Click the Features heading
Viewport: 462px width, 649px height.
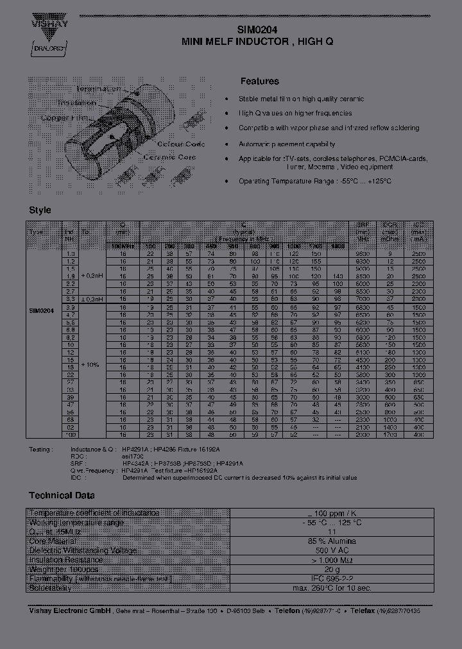[259, 81]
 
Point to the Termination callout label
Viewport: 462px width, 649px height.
[98, 89]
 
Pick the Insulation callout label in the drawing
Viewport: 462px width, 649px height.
[76, 103]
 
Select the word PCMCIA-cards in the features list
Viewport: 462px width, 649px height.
[402, 158]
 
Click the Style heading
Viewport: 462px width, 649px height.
[40, 210]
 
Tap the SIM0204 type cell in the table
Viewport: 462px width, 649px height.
[42, 310]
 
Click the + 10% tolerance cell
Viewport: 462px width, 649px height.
[90, 364]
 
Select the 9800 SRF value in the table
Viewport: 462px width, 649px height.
[362, 255]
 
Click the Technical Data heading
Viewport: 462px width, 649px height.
[62, 495]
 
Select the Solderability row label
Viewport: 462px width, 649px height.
[49, 588]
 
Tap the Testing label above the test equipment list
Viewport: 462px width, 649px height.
[40, 450]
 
